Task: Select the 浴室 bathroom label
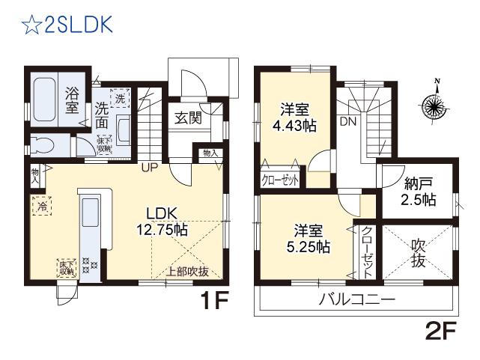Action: pyautogui.click(x=72, y=101)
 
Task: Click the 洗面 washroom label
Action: pyautogui.click(x=103, y=116)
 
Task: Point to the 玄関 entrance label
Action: pyautogui.click(x=187, y=118)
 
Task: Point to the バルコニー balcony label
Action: pyautogui.click(x=357, y=301)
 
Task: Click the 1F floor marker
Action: pyautogui.click(x=213, y=302)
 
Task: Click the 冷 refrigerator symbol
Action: pyautogui.click(x=40, y=205)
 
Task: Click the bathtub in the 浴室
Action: pyautogui.click(x=46, y=98)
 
